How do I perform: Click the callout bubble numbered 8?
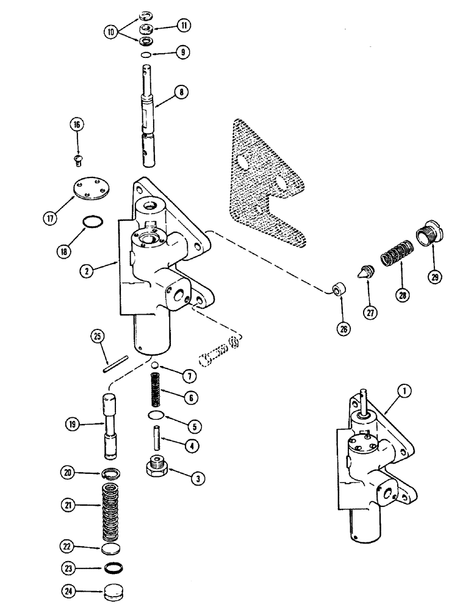(x=181, y=93)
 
